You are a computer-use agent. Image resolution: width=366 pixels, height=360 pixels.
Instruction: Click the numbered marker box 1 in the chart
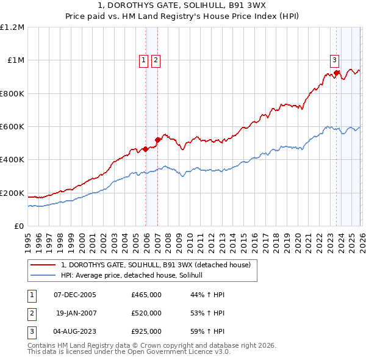(x=143, y=60)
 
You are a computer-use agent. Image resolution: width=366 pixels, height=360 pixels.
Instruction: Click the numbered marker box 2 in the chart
(x=156, y=60)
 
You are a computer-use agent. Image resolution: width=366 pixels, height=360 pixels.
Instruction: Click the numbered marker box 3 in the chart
(x=335, y=60)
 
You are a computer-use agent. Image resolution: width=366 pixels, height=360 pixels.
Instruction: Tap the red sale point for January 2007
(x=157, y=140)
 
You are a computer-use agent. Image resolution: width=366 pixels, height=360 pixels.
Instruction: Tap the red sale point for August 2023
(x=336, y=73)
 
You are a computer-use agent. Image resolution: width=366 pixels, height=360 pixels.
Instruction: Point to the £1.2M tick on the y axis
(x=13, y=27)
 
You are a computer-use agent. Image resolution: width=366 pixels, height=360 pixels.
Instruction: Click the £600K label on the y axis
(x=12, y=127)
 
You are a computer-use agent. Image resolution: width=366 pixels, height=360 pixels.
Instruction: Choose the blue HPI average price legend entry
(x=135, y=276)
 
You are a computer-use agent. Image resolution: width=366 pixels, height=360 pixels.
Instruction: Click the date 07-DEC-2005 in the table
(x=75, y=295)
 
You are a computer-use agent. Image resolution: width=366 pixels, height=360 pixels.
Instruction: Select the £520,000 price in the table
(x=146, y=313)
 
